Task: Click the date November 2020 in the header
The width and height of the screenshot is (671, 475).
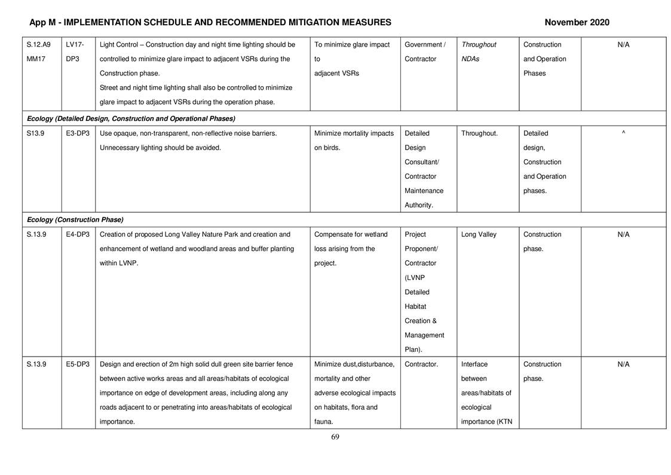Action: pyautogui.click(x=577, y=23)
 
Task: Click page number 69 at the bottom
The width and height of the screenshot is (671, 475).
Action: pyautogui.click(x=335, y=437)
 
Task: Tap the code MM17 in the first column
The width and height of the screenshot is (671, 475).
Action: pyautogui.click(x=36, y=59)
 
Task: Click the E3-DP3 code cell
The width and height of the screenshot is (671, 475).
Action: pyautogui.click(x=78, y=133)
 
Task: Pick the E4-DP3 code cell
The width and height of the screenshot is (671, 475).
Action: pyautogui.click(x=78, y=235)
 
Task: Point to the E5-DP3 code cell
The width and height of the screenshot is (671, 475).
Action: pyautogui.click(x=78, y=364)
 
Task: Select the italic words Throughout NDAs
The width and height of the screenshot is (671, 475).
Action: pyautogui.click(x=479, y=51)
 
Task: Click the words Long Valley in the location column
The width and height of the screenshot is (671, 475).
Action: pyautogui.click(x=478, y=235)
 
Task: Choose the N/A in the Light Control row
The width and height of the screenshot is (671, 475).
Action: pyautogui.click(x=623, y=45)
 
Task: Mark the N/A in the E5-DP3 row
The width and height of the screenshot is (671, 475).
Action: pyautogui.click(x=623, y=364)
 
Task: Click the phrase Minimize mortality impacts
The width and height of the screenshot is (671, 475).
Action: pyautogui.click(x=354, y=133)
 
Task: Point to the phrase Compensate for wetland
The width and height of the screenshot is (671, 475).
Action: pyautogui.click(x=351, y=235)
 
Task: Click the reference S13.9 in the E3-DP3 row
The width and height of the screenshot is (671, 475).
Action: pyautogui.click(x=35, y=133)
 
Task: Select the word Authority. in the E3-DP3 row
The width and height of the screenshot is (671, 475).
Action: pyautogui.click(x=418, y=205)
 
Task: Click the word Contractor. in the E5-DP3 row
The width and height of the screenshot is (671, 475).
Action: pyautogui.click(x=421, y=364)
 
